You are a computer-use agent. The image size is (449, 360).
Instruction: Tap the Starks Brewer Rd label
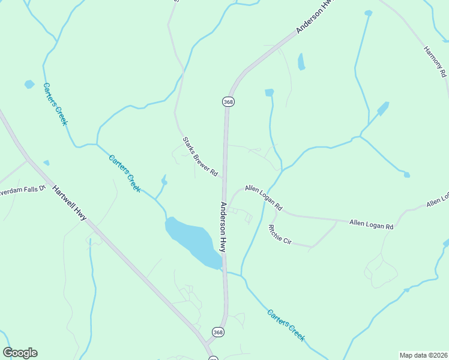pos(200,157)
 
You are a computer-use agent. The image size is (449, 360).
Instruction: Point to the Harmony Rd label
pos(435,62)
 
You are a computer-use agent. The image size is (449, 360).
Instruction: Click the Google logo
pos(20,353)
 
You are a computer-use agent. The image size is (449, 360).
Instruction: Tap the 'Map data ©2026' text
pos(423,355)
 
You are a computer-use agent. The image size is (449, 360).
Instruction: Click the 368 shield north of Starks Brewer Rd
pos(228,102)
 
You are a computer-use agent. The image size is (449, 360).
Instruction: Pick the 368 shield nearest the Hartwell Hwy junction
pos(218,331)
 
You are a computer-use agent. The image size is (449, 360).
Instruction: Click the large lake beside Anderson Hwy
pos(191,240)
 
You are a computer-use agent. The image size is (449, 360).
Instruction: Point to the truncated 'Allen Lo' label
pos(438,200)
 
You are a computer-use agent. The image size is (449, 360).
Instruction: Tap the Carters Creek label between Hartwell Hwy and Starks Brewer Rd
pos(125,173)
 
